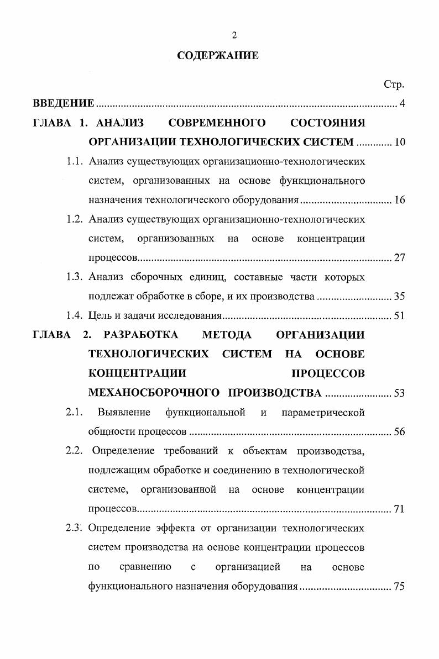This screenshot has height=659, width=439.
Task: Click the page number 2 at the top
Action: (x=234, y=35)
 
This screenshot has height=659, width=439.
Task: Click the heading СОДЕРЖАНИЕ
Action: (x=217, y=56)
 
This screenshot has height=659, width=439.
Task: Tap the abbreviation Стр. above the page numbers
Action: (x=394, y=85)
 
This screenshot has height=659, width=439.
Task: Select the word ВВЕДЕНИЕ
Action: (x=64, y=103)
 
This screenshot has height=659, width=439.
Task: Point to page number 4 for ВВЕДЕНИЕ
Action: (x=402, y=103)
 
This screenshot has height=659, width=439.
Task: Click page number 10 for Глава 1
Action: (x=400, y=143)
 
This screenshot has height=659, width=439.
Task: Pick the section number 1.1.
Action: (x=75, y=162)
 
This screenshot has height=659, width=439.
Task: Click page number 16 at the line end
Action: (x=400, y=200)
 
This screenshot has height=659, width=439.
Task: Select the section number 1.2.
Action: (x=75, y=219)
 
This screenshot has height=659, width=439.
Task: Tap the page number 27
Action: (x=400, y=258)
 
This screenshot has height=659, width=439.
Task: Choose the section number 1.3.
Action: (x=75, y=277)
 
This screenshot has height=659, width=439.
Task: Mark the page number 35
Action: (x=400, y=297)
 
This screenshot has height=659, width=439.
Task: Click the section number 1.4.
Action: (x=75, y=316)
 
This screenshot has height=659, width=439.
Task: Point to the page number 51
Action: (x=400, y=316)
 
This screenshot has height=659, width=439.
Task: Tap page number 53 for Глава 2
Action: (x=400, y=393)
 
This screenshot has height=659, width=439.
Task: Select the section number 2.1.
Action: (x=75, y=412)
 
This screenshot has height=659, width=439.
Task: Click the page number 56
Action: (x=400, y=432)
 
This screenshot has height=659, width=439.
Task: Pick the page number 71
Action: (x=400, y=509)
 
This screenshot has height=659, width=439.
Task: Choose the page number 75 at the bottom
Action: (x=400, y=587)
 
